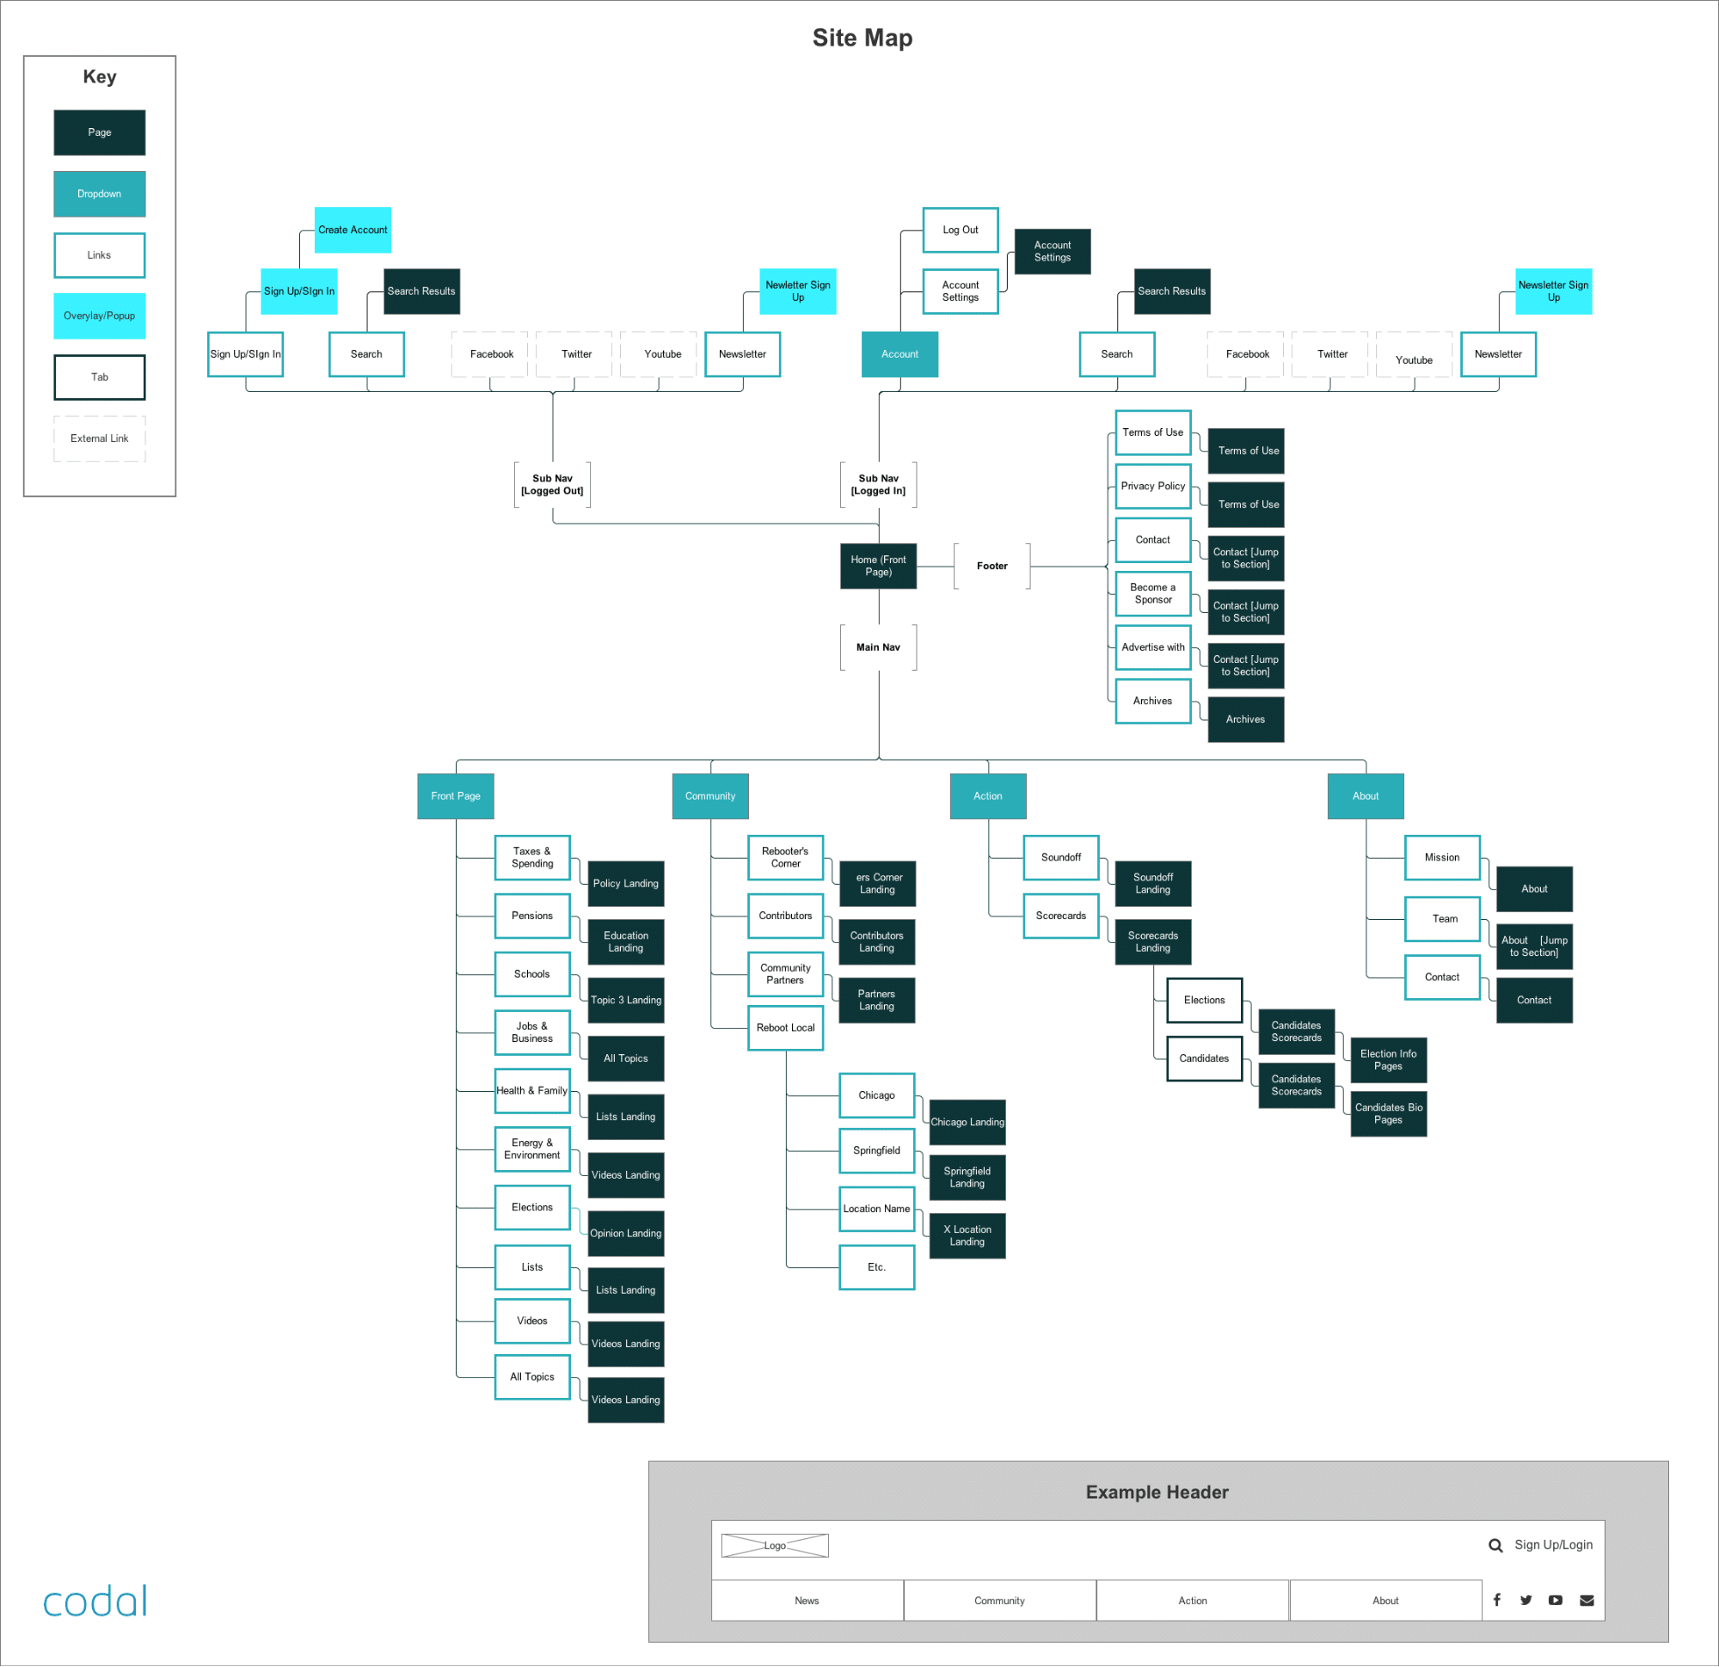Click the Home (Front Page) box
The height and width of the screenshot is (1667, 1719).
[878, 566]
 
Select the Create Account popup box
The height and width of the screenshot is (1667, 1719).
[353, 230]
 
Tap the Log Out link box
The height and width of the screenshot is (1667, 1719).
[961, 230]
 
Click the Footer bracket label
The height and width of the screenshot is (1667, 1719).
[992, 566]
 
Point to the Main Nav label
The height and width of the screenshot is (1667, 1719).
[878, 647]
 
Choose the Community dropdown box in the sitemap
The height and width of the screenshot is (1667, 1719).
[710, 796]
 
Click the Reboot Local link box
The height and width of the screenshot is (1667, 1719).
[786, 1027]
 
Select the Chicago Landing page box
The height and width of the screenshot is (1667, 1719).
[967, 1123]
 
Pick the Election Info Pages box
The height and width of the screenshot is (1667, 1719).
[1388, 1060]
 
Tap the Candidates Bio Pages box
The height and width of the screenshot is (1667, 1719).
[1388, 1113]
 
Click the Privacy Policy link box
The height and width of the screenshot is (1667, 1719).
[1153, 486]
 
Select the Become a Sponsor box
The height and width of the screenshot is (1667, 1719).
[1153, 594]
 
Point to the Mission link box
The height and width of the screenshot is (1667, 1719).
[1442, 858]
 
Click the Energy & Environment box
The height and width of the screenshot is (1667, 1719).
[532, 1149]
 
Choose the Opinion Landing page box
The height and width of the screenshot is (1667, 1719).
[625, 1233]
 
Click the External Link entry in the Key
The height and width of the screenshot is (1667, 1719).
[99, 438]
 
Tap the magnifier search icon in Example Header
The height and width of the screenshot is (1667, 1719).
[1495, 1546]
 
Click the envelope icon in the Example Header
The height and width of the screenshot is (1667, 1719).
[1587, 1600]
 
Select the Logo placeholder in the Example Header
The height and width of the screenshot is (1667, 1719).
[775, 1546]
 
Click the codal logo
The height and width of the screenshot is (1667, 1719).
[95, 1603]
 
